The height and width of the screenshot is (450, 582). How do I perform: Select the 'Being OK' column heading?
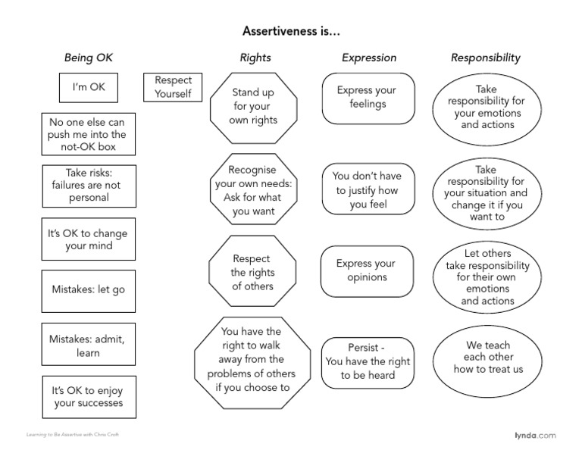click(88, 58)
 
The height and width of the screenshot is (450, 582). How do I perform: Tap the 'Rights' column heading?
click(255, 58)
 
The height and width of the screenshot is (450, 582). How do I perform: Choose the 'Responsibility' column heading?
click(486, 58)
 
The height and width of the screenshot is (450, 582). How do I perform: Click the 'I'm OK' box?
click(89, 87)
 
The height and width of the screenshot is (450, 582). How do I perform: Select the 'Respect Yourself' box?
click(173, 87)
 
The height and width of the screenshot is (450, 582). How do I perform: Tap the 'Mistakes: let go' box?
click(88, 290)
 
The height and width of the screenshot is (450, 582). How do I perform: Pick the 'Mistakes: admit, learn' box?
click(88, 345)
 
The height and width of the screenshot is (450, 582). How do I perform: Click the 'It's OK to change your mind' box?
click(88, 239)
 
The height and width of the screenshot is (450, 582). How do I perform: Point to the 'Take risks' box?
click(88, 185)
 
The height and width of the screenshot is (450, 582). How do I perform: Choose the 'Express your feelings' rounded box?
click(368, 98)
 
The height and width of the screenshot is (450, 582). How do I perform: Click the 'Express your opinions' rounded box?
click(368, 270)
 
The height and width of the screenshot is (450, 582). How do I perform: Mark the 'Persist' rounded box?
click(368, 362)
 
